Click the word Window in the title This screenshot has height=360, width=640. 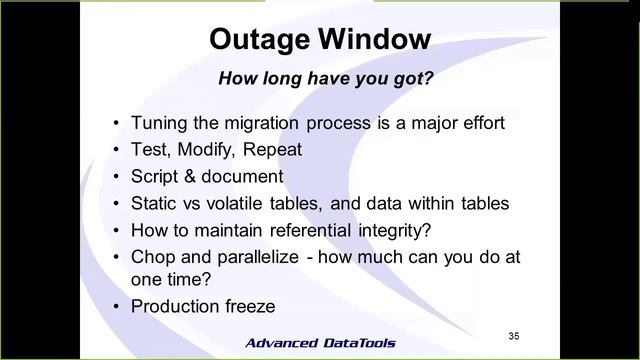[376, 39]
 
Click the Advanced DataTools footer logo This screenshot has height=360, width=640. [320, 343]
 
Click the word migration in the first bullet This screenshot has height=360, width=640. [264, 123]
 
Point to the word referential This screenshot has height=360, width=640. [325, 230]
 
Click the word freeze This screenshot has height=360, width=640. [251, 306]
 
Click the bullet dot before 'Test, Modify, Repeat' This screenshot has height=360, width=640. [117, 150]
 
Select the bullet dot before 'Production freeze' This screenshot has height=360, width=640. [117, 306]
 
